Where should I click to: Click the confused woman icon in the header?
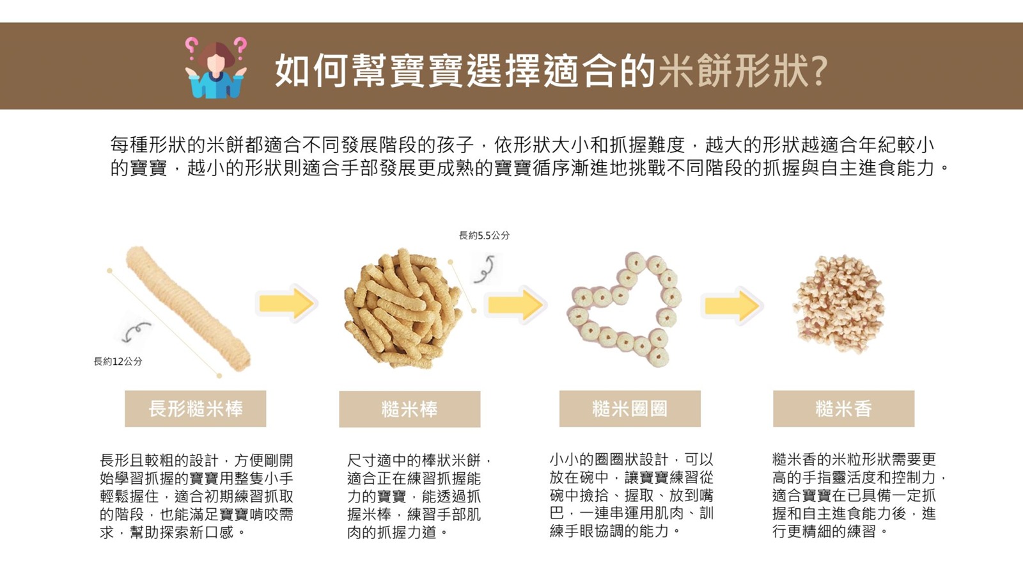[216, 68]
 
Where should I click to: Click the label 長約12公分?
[118, 361]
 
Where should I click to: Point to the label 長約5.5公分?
[484, 236]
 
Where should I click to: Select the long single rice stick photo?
[188, 308]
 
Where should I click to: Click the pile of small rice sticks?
[403, 308]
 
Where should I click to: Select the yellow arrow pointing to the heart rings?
[515, 305]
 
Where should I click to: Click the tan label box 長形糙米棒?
[196, 409]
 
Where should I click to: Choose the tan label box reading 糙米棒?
[410, 409]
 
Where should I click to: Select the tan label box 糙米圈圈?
[630, 409]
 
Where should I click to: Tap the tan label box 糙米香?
[843, 409]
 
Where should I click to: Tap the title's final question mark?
[819, 71]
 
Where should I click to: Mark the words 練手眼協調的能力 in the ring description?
[609, 531]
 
